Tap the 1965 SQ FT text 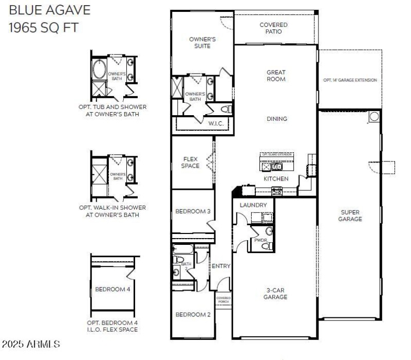click(x=44, y=27)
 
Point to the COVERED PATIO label click(x=273, y=28)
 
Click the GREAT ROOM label click(x=276, y=76)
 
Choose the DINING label click(x=276, y=119)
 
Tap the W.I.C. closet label click(x=215, y=123)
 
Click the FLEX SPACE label click(x=190, y=163)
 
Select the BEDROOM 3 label click(x=192, y=211)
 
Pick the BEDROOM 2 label click(x=192, y=315)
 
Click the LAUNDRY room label click(x=253, y=205)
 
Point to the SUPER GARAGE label click(x=350, y=215)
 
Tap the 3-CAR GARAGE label click(x=275, y=293)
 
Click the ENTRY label click(x=221, y=266)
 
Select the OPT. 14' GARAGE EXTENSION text click(x=350, y=80)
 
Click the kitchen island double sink click(x=272, y=166)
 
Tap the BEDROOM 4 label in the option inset click(x=113, y=289)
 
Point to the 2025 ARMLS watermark click(x=31, y=344)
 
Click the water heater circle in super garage click(x=373, y=117)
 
